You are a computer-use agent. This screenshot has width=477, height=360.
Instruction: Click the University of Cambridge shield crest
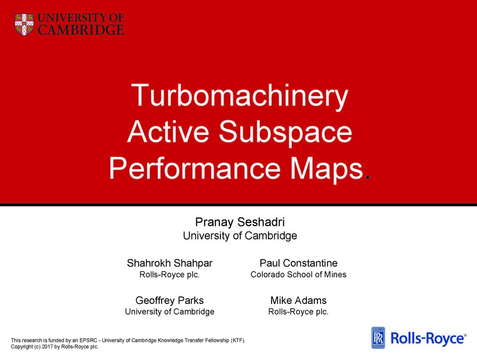(x=24, y=24)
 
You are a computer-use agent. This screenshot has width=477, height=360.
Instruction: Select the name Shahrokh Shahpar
(x=169, y=263)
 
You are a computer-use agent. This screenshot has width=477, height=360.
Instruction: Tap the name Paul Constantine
(x=298, y=263)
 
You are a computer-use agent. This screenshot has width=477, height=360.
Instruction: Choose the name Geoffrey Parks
(x=169, y=300)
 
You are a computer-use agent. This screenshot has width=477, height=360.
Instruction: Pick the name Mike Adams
(x=298, y=300)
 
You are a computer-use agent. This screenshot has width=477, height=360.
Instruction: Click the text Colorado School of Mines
(x=298, y=275)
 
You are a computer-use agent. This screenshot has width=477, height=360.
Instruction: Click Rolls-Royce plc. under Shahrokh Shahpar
(x=169, y=275)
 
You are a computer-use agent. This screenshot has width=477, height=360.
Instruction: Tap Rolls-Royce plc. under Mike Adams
(x=298, y=311)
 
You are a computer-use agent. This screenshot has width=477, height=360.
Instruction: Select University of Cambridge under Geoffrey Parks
(x=169, y=311)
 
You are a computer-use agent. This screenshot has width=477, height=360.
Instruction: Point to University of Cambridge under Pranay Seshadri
(x=240, y=235)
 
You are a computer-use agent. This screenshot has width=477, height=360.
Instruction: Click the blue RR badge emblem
(x=378, y=338)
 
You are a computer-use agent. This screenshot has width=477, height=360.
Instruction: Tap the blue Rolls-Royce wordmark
(x=428, y=338)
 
